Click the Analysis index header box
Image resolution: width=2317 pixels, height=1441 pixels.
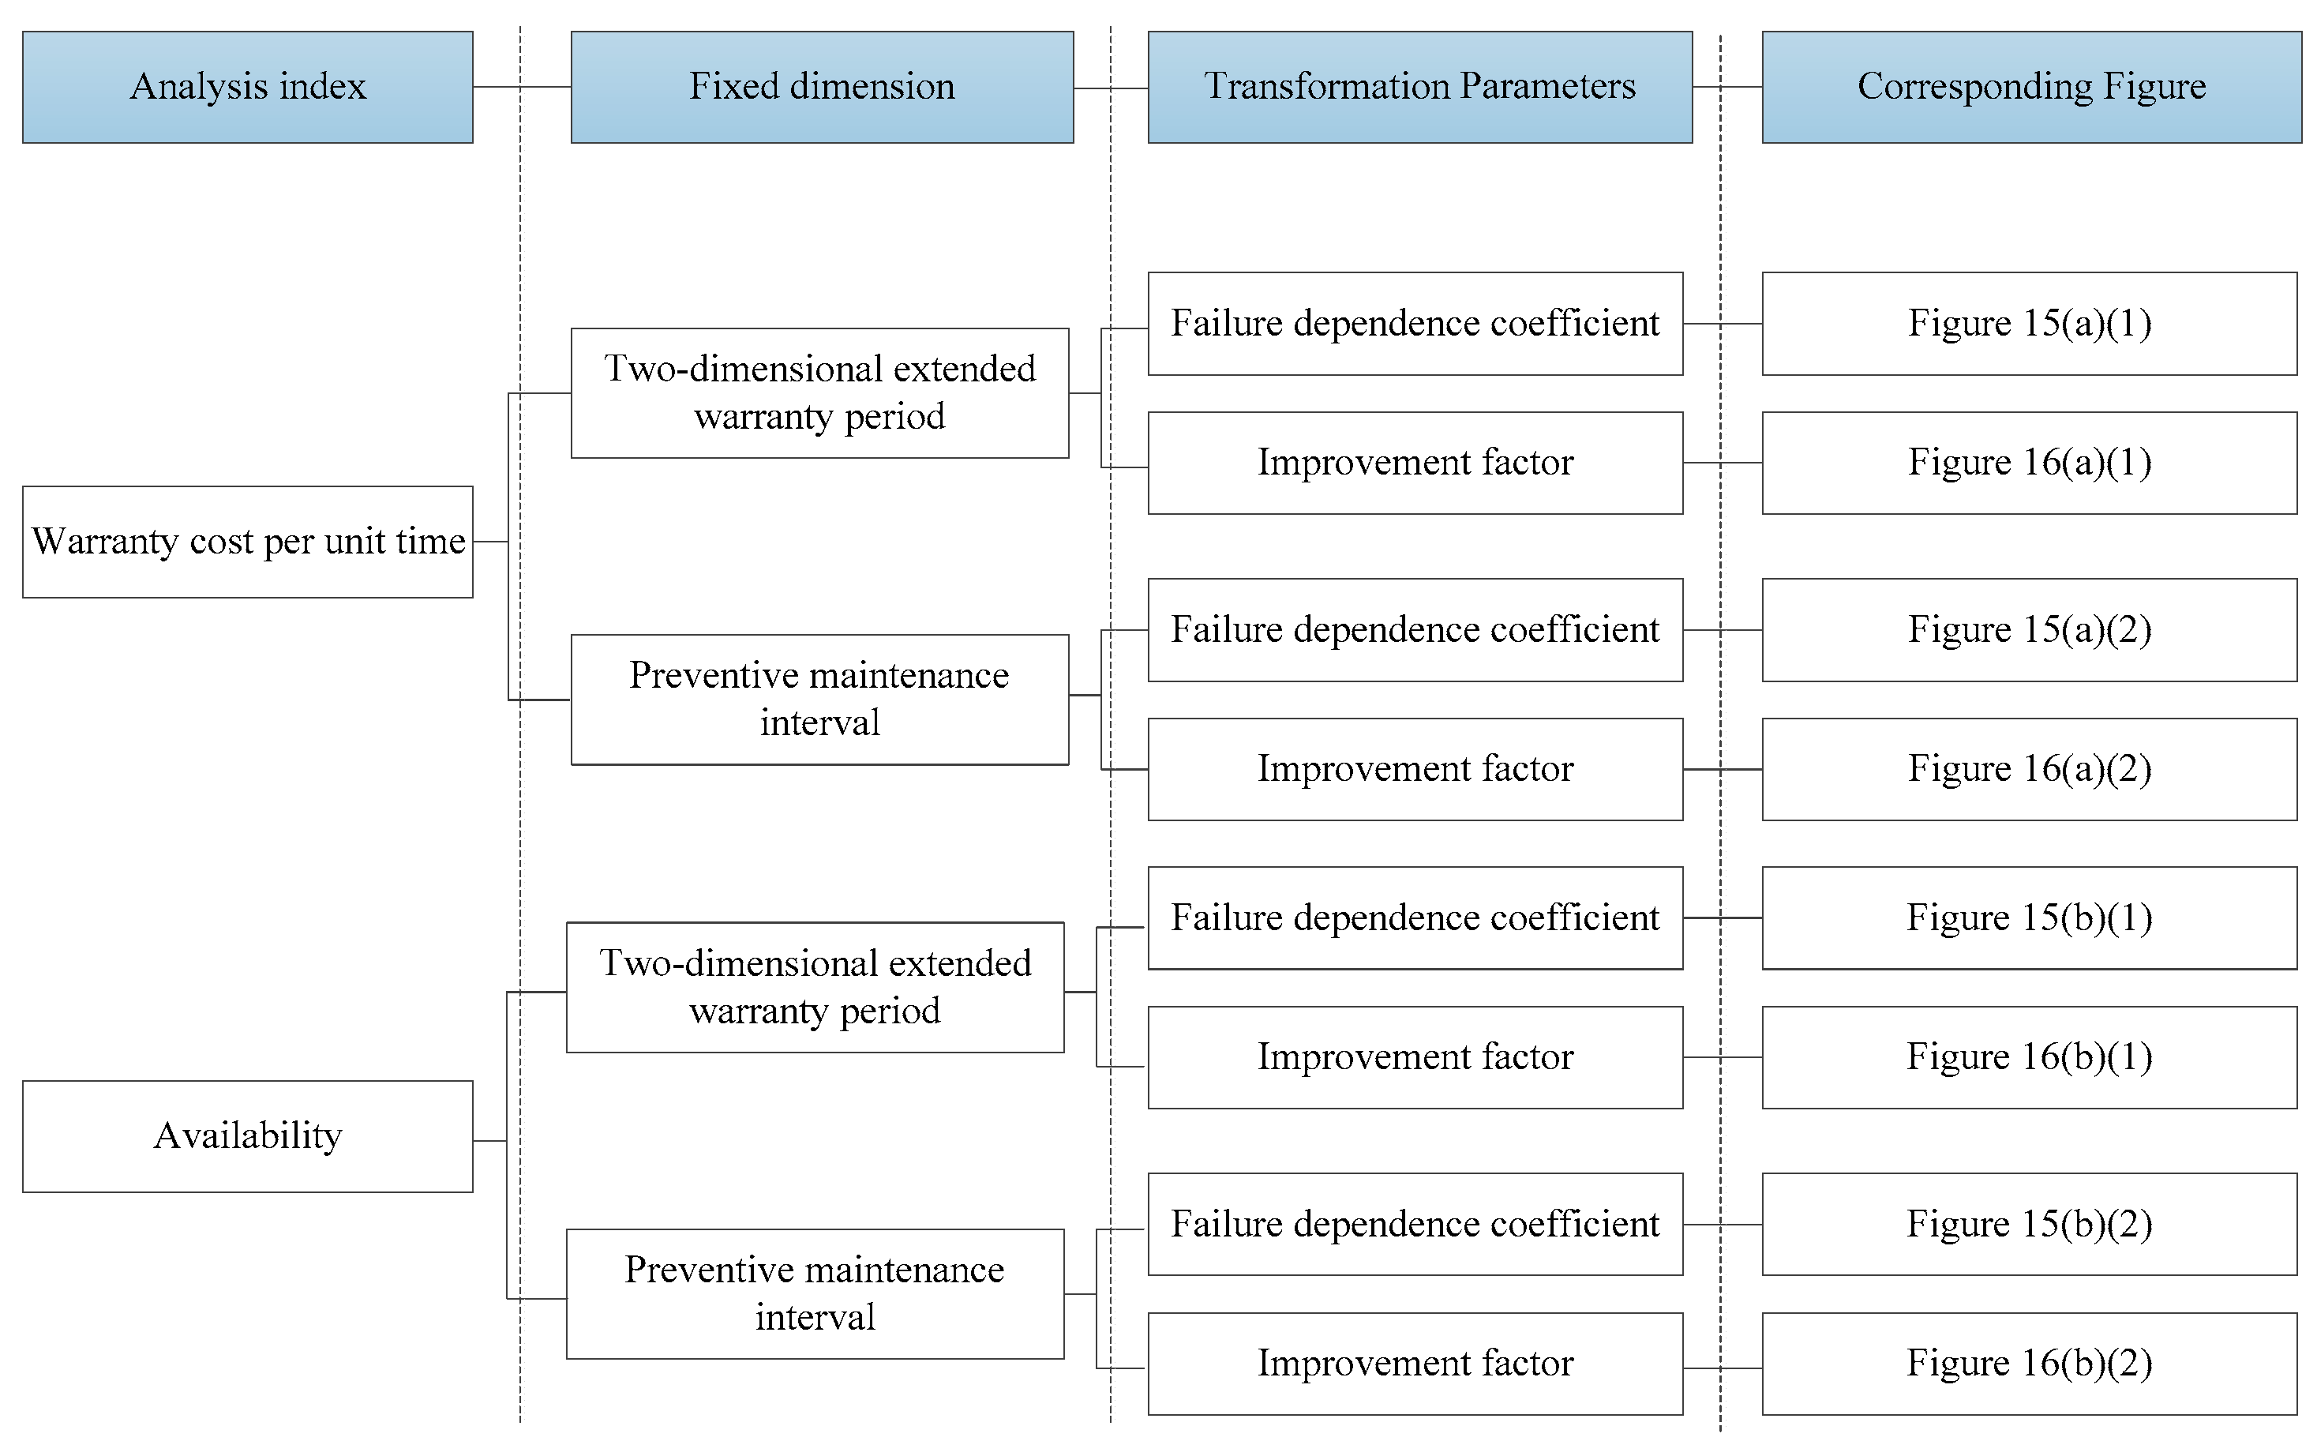[248, 87]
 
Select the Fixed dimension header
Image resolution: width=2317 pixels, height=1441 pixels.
[821, 87]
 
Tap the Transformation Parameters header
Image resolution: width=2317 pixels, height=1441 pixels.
[1419, 87]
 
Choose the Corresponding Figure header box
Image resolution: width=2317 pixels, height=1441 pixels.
[2031, 87]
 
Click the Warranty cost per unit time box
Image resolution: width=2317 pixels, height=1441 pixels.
[248, 542]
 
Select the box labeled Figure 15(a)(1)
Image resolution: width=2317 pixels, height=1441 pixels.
[2030, 323]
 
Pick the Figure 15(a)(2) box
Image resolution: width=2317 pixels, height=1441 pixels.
[2030, 629]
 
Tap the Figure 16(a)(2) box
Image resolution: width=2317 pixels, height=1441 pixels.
[2030, 768]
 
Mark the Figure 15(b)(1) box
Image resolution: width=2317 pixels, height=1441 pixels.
[2030, 917]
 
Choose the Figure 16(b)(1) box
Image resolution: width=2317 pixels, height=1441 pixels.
[2030, 1057]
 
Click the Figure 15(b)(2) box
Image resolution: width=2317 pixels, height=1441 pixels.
[2030, 1224]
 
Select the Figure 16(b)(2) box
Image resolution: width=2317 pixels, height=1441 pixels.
[2030, 1363]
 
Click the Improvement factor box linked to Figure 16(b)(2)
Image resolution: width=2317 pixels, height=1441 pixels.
[1415, 1363]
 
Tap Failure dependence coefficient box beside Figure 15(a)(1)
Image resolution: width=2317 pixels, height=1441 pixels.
[1415, 323]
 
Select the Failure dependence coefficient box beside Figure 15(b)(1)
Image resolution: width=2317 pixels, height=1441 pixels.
[1415, 917]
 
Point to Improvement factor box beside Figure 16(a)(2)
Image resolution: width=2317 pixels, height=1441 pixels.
[1415, 768]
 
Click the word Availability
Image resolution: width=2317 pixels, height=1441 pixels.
[248, 1135]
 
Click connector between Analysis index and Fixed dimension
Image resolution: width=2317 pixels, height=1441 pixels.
[521, 87]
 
